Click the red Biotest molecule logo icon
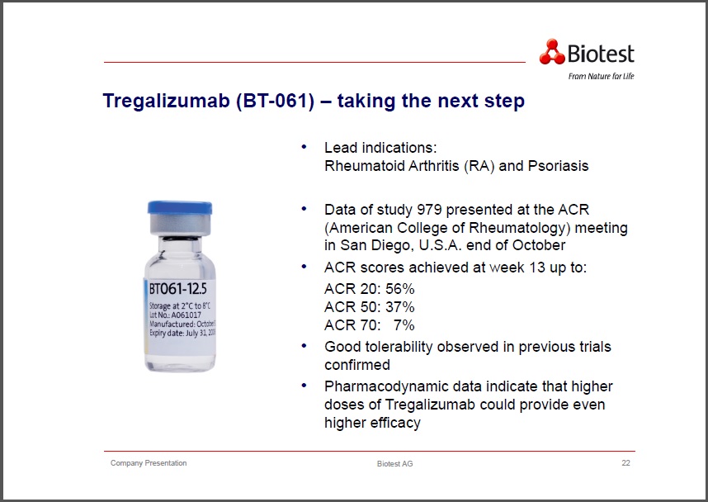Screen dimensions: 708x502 pyautogui.click(x=552, y=51)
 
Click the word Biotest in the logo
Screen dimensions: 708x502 pyautogui.click(x=601, y=54)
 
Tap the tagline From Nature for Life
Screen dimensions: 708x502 pyautogui.click(x=601, y=76)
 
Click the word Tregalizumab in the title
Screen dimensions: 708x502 pyautogui.click(x=166, y=101)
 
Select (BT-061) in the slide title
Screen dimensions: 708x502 pyautogui.click(x=275, y=101)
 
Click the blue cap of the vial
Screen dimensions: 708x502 pyautogui.click(x=180, y=207)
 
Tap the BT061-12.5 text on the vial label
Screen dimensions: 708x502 pyautogui.click(x=178, y=288)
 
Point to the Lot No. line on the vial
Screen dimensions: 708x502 pyautogui.click(x=175, y=315)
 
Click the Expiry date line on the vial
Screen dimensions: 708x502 pyautogui.click(x=182, y=333)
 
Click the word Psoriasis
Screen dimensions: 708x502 pyautogui.click(x=558, y=166)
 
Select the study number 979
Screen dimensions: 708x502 pyautogui.click(x=429, y=210)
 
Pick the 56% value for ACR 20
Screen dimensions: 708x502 pyautogui.click(x=399, y=289)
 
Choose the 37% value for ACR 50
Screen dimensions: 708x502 pyautogui.click(x=399, y=307)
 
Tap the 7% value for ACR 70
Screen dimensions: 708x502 pyautogui.click(x=404, y=324)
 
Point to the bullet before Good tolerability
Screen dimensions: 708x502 pyautogui.click(x=304, y=346)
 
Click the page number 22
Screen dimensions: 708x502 pyautogui.click(x=625, y=462)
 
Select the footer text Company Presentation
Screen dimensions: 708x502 pyautogui.click(x=149, y=463)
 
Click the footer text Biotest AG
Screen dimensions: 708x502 pyautogui.click(x=394, y=463)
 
